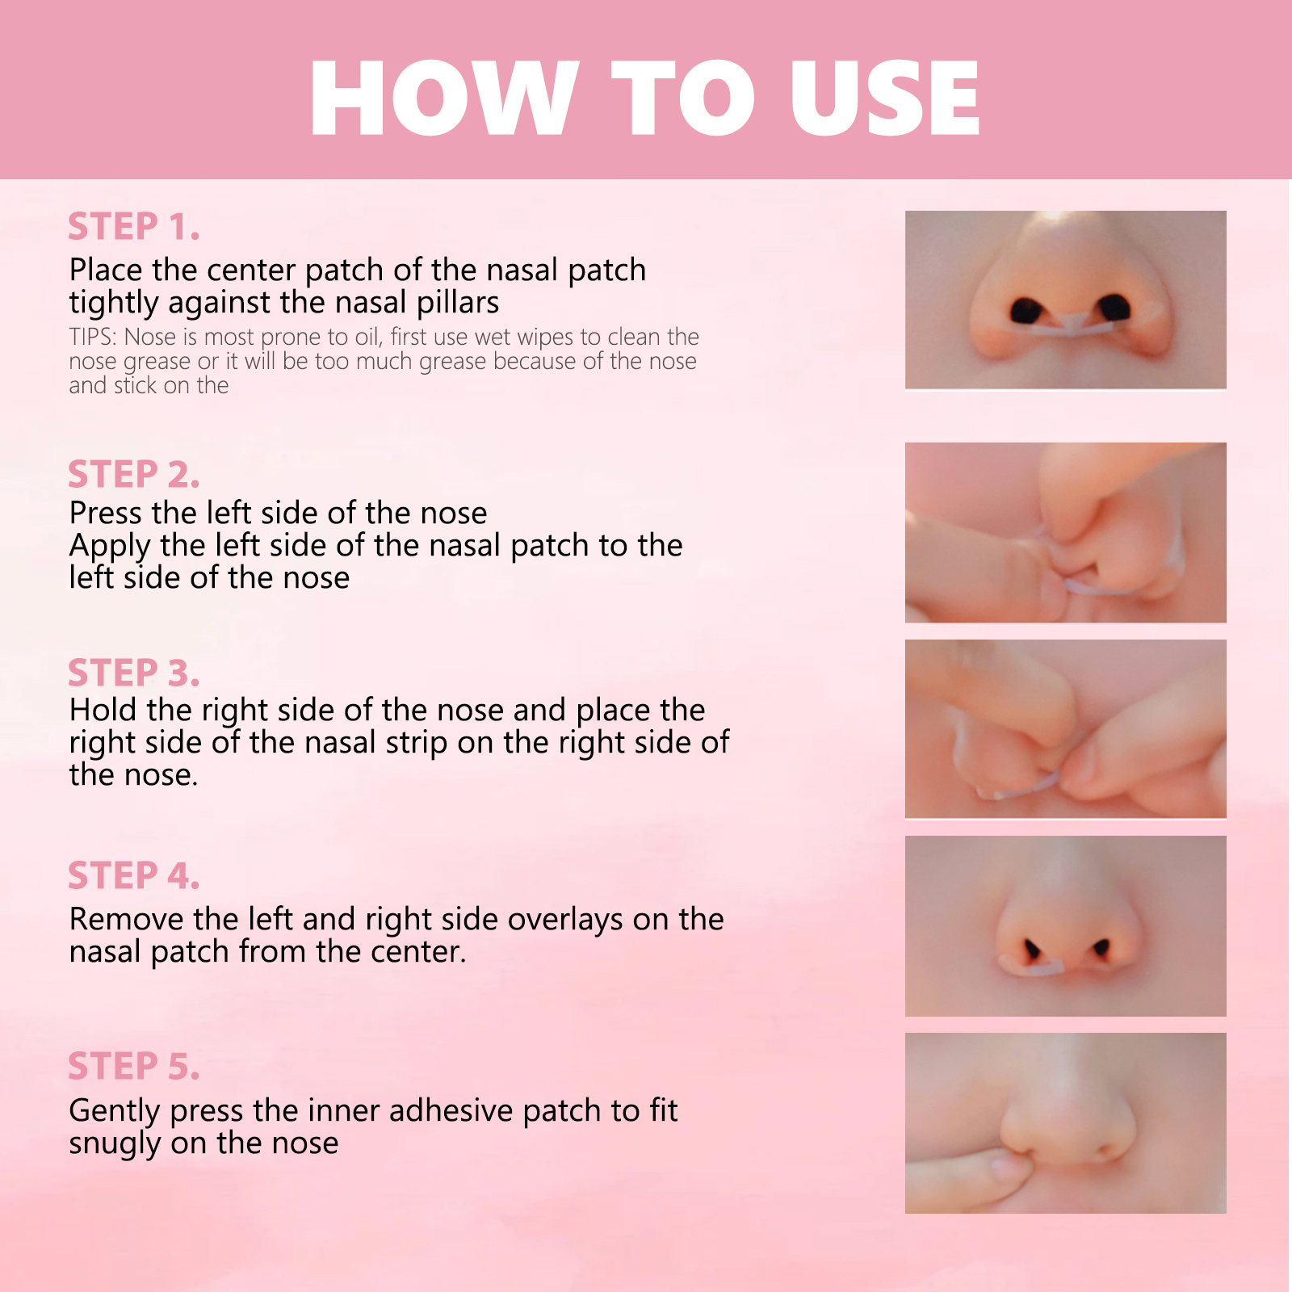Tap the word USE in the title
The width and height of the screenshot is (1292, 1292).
pos(885,98)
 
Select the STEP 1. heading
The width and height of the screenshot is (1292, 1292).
pos(133,227)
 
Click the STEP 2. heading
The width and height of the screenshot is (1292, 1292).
pos(133,475)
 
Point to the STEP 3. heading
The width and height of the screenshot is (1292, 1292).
pos(133,673)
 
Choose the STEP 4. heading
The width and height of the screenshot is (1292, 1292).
pos(133,876)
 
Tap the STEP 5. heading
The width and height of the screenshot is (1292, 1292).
pos(133,1067)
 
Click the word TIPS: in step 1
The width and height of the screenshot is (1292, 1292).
pos(94,337)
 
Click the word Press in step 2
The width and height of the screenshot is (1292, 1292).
pos(106,514)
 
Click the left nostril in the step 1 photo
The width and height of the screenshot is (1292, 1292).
pos(1026,310)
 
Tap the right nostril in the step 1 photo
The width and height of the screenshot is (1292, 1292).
pos(1114,307)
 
